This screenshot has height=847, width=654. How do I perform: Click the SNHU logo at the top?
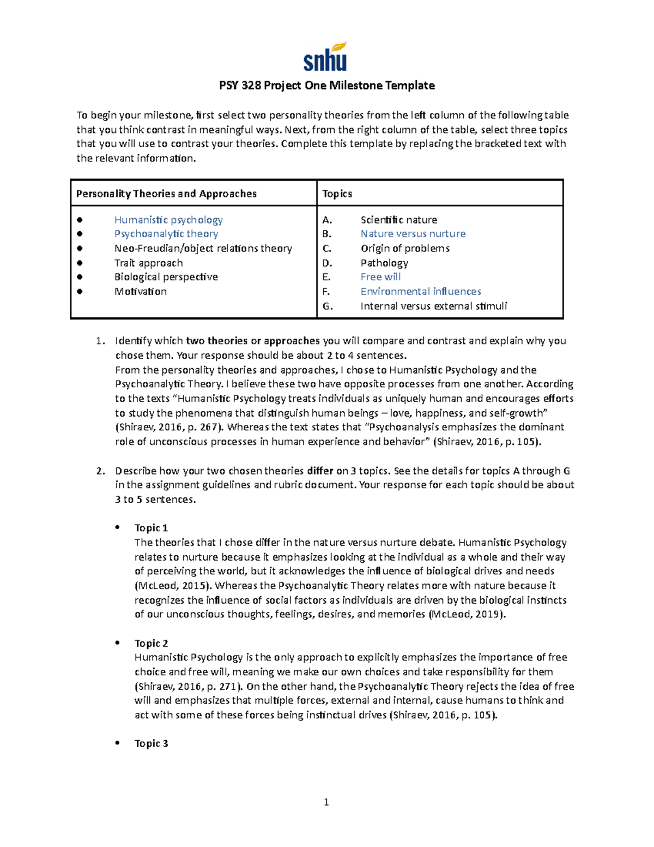325,57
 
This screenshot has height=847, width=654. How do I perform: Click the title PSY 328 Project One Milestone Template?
326,86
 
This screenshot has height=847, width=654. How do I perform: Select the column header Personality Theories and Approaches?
166,194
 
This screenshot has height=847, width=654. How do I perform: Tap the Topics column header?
337,194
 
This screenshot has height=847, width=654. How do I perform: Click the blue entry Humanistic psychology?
168,220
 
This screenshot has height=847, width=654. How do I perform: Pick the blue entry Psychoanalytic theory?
166,234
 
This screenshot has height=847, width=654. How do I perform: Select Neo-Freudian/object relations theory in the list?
203,248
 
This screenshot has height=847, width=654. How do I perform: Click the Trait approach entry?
148,263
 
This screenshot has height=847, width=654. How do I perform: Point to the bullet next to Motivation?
80,291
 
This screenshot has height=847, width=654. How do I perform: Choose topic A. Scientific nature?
398,220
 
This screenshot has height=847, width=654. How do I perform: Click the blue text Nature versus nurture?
413,234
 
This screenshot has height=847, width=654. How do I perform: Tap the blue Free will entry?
380,277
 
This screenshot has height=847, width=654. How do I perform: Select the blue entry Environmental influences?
420,291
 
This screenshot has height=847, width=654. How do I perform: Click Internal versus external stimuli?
433,306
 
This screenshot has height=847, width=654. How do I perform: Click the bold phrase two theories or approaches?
252,341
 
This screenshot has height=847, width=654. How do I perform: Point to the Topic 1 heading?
151,528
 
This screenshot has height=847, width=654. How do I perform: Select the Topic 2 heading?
151,643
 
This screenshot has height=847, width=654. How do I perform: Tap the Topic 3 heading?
151,743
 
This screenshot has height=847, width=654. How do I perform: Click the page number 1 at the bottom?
326,802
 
